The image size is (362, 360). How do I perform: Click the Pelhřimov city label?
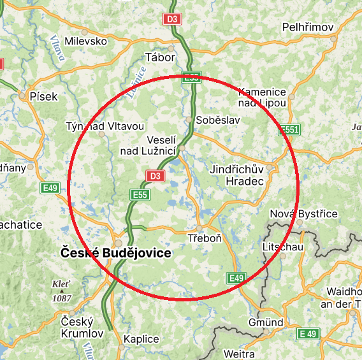(x=309, y=27)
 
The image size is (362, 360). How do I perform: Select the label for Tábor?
(x=160, y=57)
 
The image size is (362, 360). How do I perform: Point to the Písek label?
(x=43, y=97)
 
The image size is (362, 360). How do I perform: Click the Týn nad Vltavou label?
(x=105, y=126)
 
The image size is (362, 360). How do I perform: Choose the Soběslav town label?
(x=214, y=120)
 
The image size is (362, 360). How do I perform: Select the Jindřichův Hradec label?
(x=236, y=175)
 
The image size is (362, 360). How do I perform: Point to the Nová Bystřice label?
(x=304, y=213)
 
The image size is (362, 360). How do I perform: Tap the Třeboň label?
(x=205, y=238)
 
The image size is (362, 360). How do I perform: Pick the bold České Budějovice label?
(x=116, y=253)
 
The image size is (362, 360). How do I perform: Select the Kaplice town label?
(x=141, y=339)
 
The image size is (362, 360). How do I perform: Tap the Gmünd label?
(x=266, y=323)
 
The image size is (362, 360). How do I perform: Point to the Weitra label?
(x=239, y=354)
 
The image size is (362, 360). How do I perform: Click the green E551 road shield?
(x=289, y=129)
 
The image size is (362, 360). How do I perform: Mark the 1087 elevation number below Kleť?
(x=62, y=298)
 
